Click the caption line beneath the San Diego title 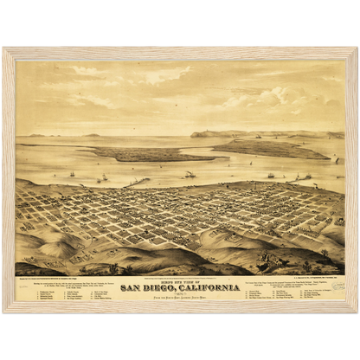pos(179,295)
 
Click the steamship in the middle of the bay pos(190,175)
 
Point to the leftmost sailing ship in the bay pos(72,175)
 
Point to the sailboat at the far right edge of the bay pos(337,161)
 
